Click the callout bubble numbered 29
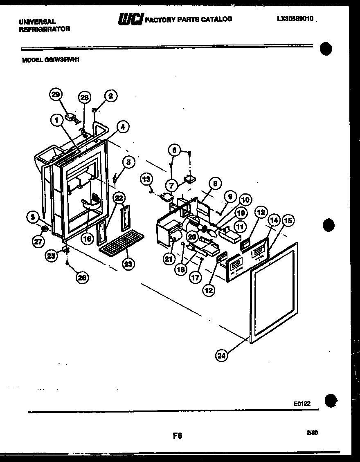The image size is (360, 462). coord(56,95)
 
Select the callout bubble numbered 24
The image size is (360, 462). coord(221,355)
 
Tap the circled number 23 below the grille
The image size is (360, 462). coord(128,264)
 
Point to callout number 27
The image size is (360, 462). coord(38,242)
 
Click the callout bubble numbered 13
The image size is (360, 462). coord(147,178)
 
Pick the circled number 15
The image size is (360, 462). coord(288,221)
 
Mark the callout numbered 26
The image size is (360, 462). coord(82,278)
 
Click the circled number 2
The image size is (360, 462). coord(110,96)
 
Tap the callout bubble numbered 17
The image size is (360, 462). coord(196,277)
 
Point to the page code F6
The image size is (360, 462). coord(177,436)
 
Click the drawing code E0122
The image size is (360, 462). coord(302,404)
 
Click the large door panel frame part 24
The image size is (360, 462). coord(274,292)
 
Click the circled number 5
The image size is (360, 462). coord(128,162)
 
